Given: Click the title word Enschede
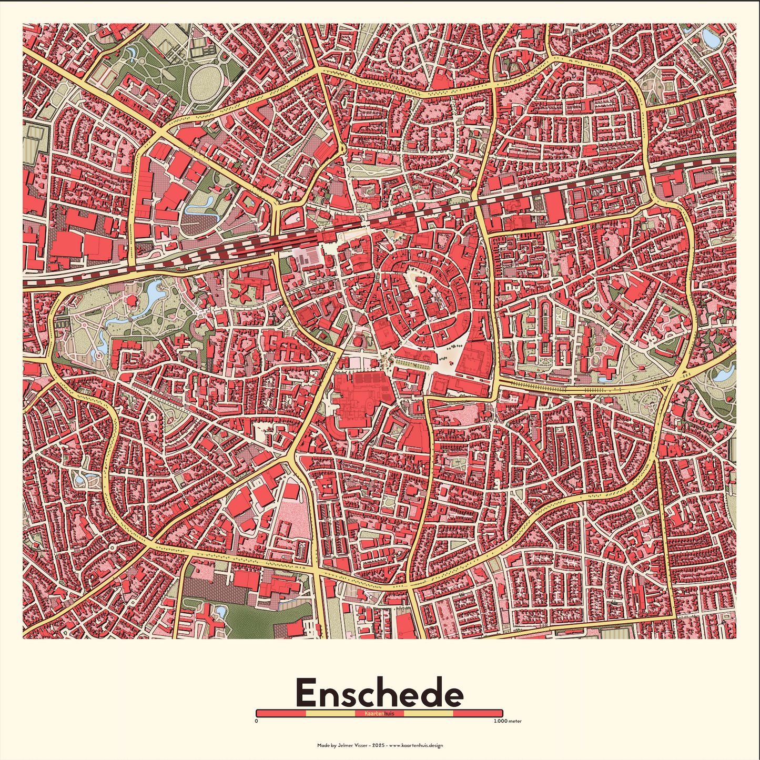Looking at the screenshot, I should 379,693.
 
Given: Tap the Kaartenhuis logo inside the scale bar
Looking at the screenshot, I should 379,713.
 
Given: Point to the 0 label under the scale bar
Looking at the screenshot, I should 256,721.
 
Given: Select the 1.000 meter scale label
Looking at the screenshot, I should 508,721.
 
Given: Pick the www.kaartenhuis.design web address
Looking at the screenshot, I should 417,745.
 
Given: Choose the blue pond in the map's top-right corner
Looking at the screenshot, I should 711,38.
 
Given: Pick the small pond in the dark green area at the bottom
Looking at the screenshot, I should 221,611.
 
